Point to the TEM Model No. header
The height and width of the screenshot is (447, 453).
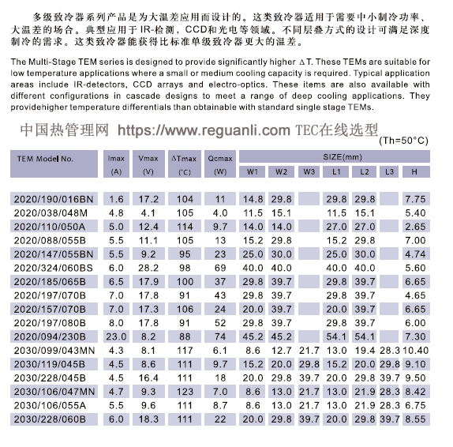pyautogui.click(x=45, y=158)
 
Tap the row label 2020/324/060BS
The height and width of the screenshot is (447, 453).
pyautogui.click(x=53, y=269)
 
